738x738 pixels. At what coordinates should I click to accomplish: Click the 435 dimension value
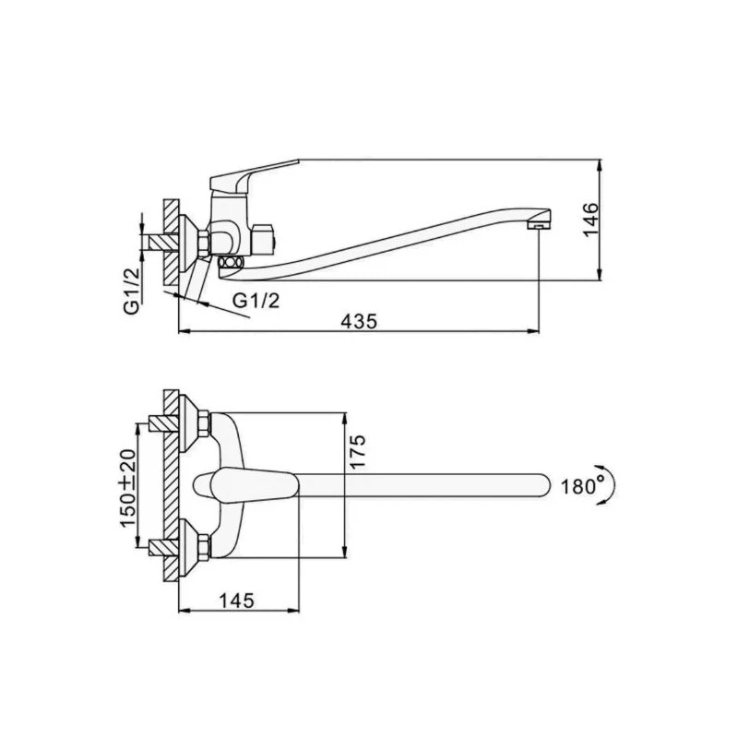click(x=359, y=321)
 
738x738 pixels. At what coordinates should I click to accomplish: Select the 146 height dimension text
click(x=590, y=220)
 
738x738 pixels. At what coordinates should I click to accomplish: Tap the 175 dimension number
click(x=357, y=451)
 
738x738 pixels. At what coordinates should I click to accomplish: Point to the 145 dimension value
click(x=236, y=601)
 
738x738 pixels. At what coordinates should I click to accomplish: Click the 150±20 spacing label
click(x=127, y=488)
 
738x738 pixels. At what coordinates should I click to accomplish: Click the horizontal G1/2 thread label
click(x=256, y=300)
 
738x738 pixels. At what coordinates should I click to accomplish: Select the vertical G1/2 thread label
click(x=132, y=291)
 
